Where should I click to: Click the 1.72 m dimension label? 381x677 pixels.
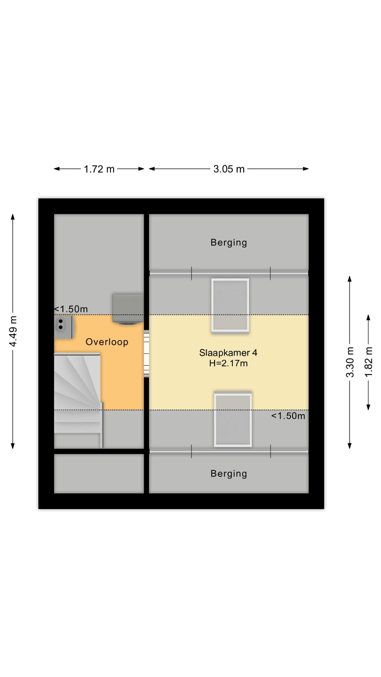pos(99,169)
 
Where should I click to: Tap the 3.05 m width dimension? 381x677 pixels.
pos(229,169)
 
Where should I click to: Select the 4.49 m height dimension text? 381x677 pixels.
pos(13,331)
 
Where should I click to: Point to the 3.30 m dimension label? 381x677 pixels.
pos(350,362)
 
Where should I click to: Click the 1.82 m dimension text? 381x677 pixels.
pos(368,362)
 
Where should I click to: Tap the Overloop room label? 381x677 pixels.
pos(107,342)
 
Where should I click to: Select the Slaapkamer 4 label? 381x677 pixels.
pos(228,353)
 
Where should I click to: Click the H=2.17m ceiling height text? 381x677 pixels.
pos(228,363)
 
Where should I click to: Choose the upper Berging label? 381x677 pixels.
pos(229,243)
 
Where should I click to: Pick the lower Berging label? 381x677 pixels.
pos(229,474)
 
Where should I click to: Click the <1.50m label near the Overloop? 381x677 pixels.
pos(71,309)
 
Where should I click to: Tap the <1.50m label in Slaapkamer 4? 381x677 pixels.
pos(288,416)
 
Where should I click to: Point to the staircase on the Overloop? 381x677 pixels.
pos(78,400)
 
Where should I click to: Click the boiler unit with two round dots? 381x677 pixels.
pos(64,327)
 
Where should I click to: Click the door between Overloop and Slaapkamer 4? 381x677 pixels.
pos(146,354)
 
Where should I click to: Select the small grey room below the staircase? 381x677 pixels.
pos(99,474)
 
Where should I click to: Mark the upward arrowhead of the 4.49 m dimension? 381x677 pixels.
pos(12,217)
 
